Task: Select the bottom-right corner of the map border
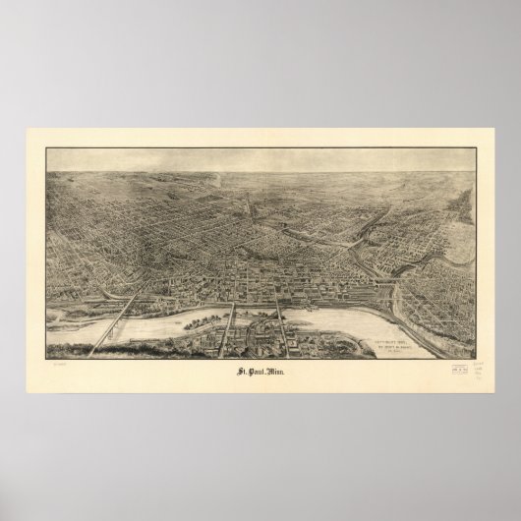pos(476,359)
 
